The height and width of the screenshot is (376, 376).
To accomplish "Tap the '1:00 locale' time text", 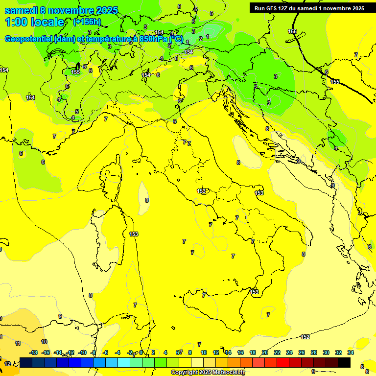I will click(x=34, y=22).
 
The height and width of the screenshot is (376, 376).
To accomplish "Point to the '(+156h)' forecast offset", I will click(x=87, y=22).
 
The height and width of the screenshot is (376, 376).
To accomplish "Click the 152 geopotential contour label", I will click(x=305, y=337).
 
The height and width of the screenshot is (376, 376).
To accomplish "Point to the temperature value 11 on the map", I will click(x=18, y=343).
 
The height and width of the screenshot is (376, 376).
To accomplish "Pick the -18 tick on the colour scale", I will click(x=33, y=352).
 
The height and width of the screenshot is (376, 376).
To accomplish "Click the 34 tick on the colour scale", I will click(x=351, y=352).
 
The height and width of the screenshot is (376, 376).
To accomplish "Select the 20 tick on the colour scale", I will click(x=265, y=352).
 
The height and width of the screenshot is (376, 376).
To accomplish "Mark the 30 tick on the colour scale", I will click(x=326, y=352).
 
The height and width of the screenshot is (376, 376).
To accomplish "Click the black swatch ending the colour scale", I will click(x=344, y=362).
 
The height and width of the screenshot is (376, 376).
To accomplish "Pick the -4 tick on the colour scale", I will click(x=118, y=352).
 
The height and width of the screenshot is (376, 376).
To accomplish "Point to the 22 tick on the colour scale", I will click(x=277, y=352).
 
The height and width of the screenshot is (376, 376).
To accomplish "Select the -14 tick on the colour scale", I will click(x=58, y=352).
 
